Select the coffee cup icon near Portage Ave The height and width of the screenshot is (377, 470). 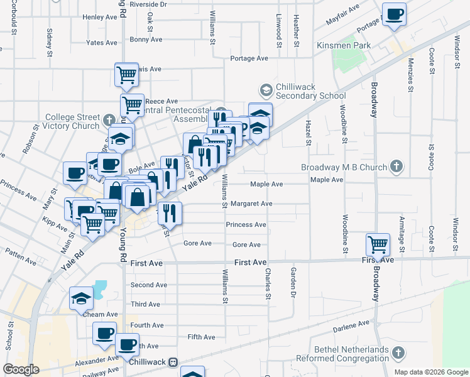click(394, 15)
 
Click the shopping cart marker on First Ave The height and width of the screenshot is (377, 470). click(378, 244)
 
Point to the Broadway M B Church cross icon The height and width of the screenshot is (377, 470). click(396, 167)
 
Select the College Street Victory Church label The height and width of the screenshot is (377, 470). click(72, 121)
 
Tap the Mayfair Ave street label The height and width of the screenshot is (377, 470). click(342, 14)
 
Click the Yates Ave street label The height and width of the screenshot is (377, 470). click(102, 43)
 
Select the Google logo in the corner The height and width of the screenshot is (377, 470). click(21, 369)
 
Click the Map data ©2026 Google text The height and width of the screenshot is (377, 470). click(430, 372)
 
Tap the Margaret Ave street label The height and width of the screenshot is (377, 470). click(251, 204)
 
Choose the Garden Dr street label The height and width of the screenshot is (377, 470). click(293, 281)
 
